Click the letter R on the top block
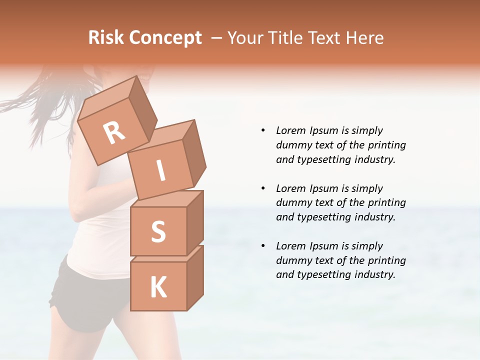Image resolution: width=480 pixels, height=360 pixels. click(x=114, y=132)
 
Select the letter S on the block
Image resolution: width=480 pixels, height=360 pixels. click(x=158, y=232)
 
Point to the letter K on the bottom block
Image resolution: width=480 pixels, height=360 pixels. click(x=158, y=287)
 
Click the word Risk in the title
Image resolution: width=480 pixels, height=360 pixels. click(x=106, y=37)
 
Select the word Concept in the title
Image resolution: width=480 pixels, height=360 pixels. click(x=165, y=38)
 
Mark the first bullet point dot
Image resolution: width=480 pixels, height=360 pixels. click(x=263, y=130)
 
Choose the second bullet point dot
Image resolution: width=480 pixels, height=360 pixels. click(x=263, y=188)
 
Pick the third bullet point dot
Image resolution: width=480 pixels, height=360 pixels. click(x=263, y=246)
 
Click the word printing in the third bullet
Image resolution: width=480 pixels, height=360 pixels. click(x=386, y=260)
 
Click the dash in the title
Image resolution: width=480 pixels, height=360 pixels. click(x=217, y=38)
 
